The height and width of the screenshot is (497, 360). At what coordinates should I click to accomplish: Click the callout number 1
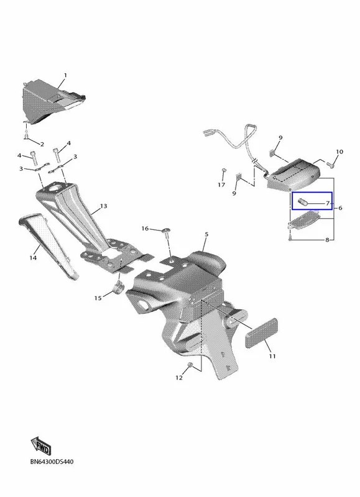(x=65, y=75)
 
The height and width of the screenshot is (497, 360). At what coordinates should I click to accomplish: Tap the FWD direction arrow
(x=41, y=446)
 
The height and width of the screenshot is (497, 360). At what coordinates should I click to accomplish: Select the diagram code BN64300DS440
(x=52, y=462)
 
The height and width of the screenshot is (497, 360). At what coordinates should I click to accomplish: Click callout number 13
(x=103, y=206)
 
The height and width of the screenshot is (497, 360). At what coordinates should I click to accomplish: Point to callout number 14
(x=33, y=258)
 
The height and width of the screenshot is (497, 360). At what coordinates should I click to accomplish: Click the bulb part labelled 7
(x=302, y=201)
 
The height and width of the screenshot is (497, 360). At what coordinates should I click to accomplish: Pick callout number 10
(x=339, y=152)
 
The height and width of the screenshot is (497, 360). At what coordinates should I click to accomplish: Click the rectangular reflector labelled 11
(x=262, y=334)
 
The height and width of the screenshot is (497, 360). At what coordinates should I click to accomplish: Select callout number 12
(x=179, y=378)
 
